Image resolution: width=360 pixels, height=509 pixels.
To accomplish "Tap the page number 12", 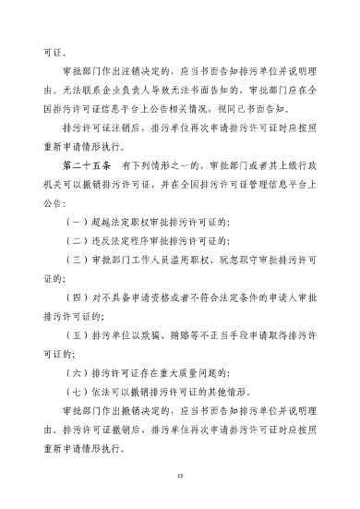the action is [x=180, y=476].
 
